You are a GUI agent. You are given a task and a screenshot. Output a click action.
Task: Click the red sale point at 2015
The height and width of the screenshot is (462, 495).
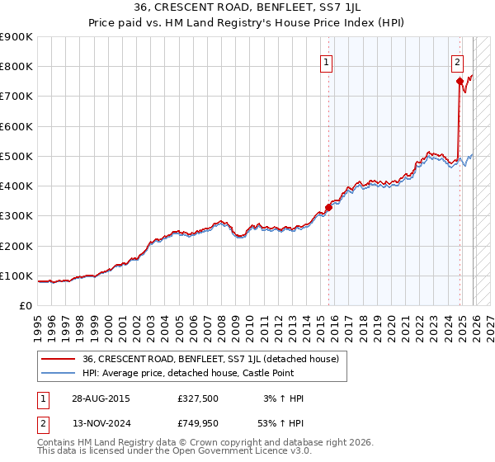(x=328, y=208)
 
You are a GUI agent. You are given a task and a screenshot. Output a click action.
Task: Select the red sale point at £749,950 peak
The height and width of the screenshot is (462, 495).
(x=460, y=81)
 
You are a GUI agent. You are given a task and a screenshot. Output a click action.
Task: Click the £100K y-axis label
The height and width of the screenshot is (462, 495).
(x=16, y=276)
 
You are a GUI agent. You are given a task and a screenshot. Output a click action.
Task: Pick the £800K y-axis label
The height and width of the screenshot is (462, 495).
(x=16, y=66)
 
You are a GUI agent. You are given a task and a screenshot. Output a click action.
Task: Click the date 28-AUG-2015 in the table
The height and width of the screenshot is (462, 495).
(x=101, y=398)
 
